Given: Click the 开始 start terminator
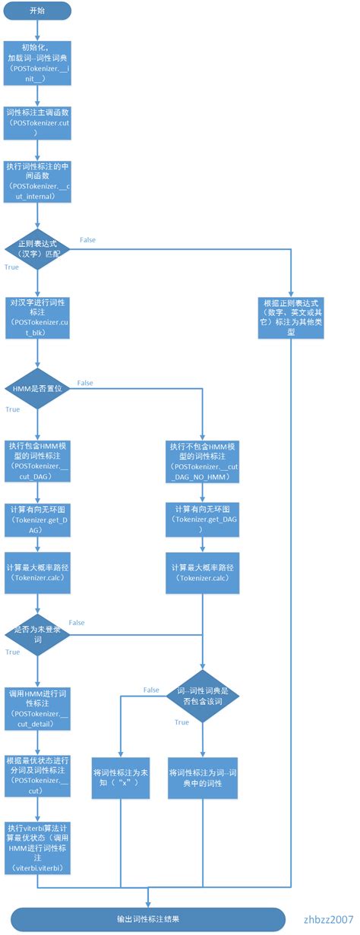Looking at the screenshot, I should pyautogui.click(x=36, y=11).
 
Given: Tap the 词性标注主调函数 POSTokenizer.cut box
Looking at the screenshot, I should pyautogui.click(x=37, y=122).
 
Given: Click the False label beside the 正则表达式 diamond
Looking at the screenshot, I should pyautogui.click(x=87, y=240).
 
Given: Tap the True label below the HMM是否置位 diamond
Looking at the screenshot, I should pyautogui.click(x=12, y=409).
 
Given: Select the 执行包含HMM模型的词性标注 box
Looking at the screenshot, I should pyautogui.click(x=37, y=456).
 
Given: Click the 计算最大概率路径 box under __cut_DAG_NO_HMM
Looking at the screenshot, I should pyautogui.click(x=202, y=573).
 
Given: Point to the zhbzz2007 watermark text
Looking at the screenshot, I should pyautogui.click(x=328, y=918).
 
